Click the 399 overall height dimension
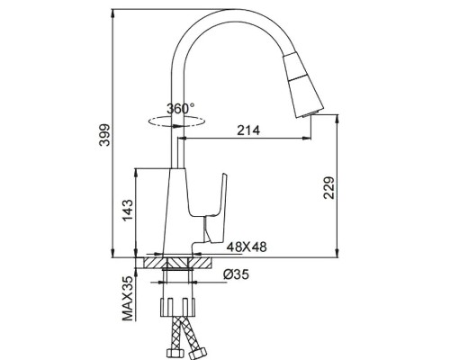point(105,134)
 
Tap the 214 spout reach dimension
point(248,130)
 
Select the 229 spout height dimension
point(329,188)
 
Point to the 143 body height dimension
point(128,210)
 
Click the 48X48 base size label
point(247,247)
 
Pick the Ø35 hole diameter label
point(236,274)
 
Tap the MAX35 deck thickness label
point(128,299)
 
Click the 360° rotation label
point(181,109)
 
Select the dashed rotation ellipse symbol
point(176,121)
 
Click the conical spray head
point(303,85)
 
